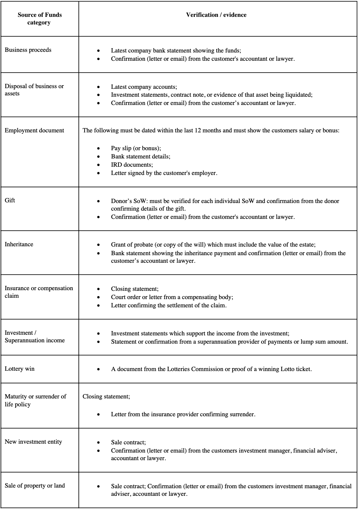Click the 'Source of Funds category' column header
point(39,19)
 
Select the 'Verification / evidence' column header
point(216,15)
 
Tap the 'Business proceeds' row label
point(28,50)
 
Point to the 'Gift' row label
point(10,200)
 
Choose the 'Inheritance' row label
point(19,244)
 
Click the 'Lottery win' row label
point(19,369)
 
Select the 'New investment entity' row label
point(33,442)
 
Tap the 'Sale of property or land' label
point(35,486)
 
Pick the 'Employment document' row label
point(34,130)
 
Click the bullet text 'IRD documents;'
point(132,165)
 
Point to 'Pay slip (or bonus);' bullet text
point(136,148)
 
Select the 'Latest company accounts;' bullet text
point(144,87)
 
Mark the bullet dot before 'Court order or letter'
point(98,297)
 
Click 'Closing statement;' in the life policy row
point(106,396)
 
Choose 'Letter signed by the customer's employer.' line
point(164,173)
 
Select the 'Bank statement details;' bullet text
point(141,156)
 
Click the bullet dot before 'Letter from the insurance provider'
point(98,415)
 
